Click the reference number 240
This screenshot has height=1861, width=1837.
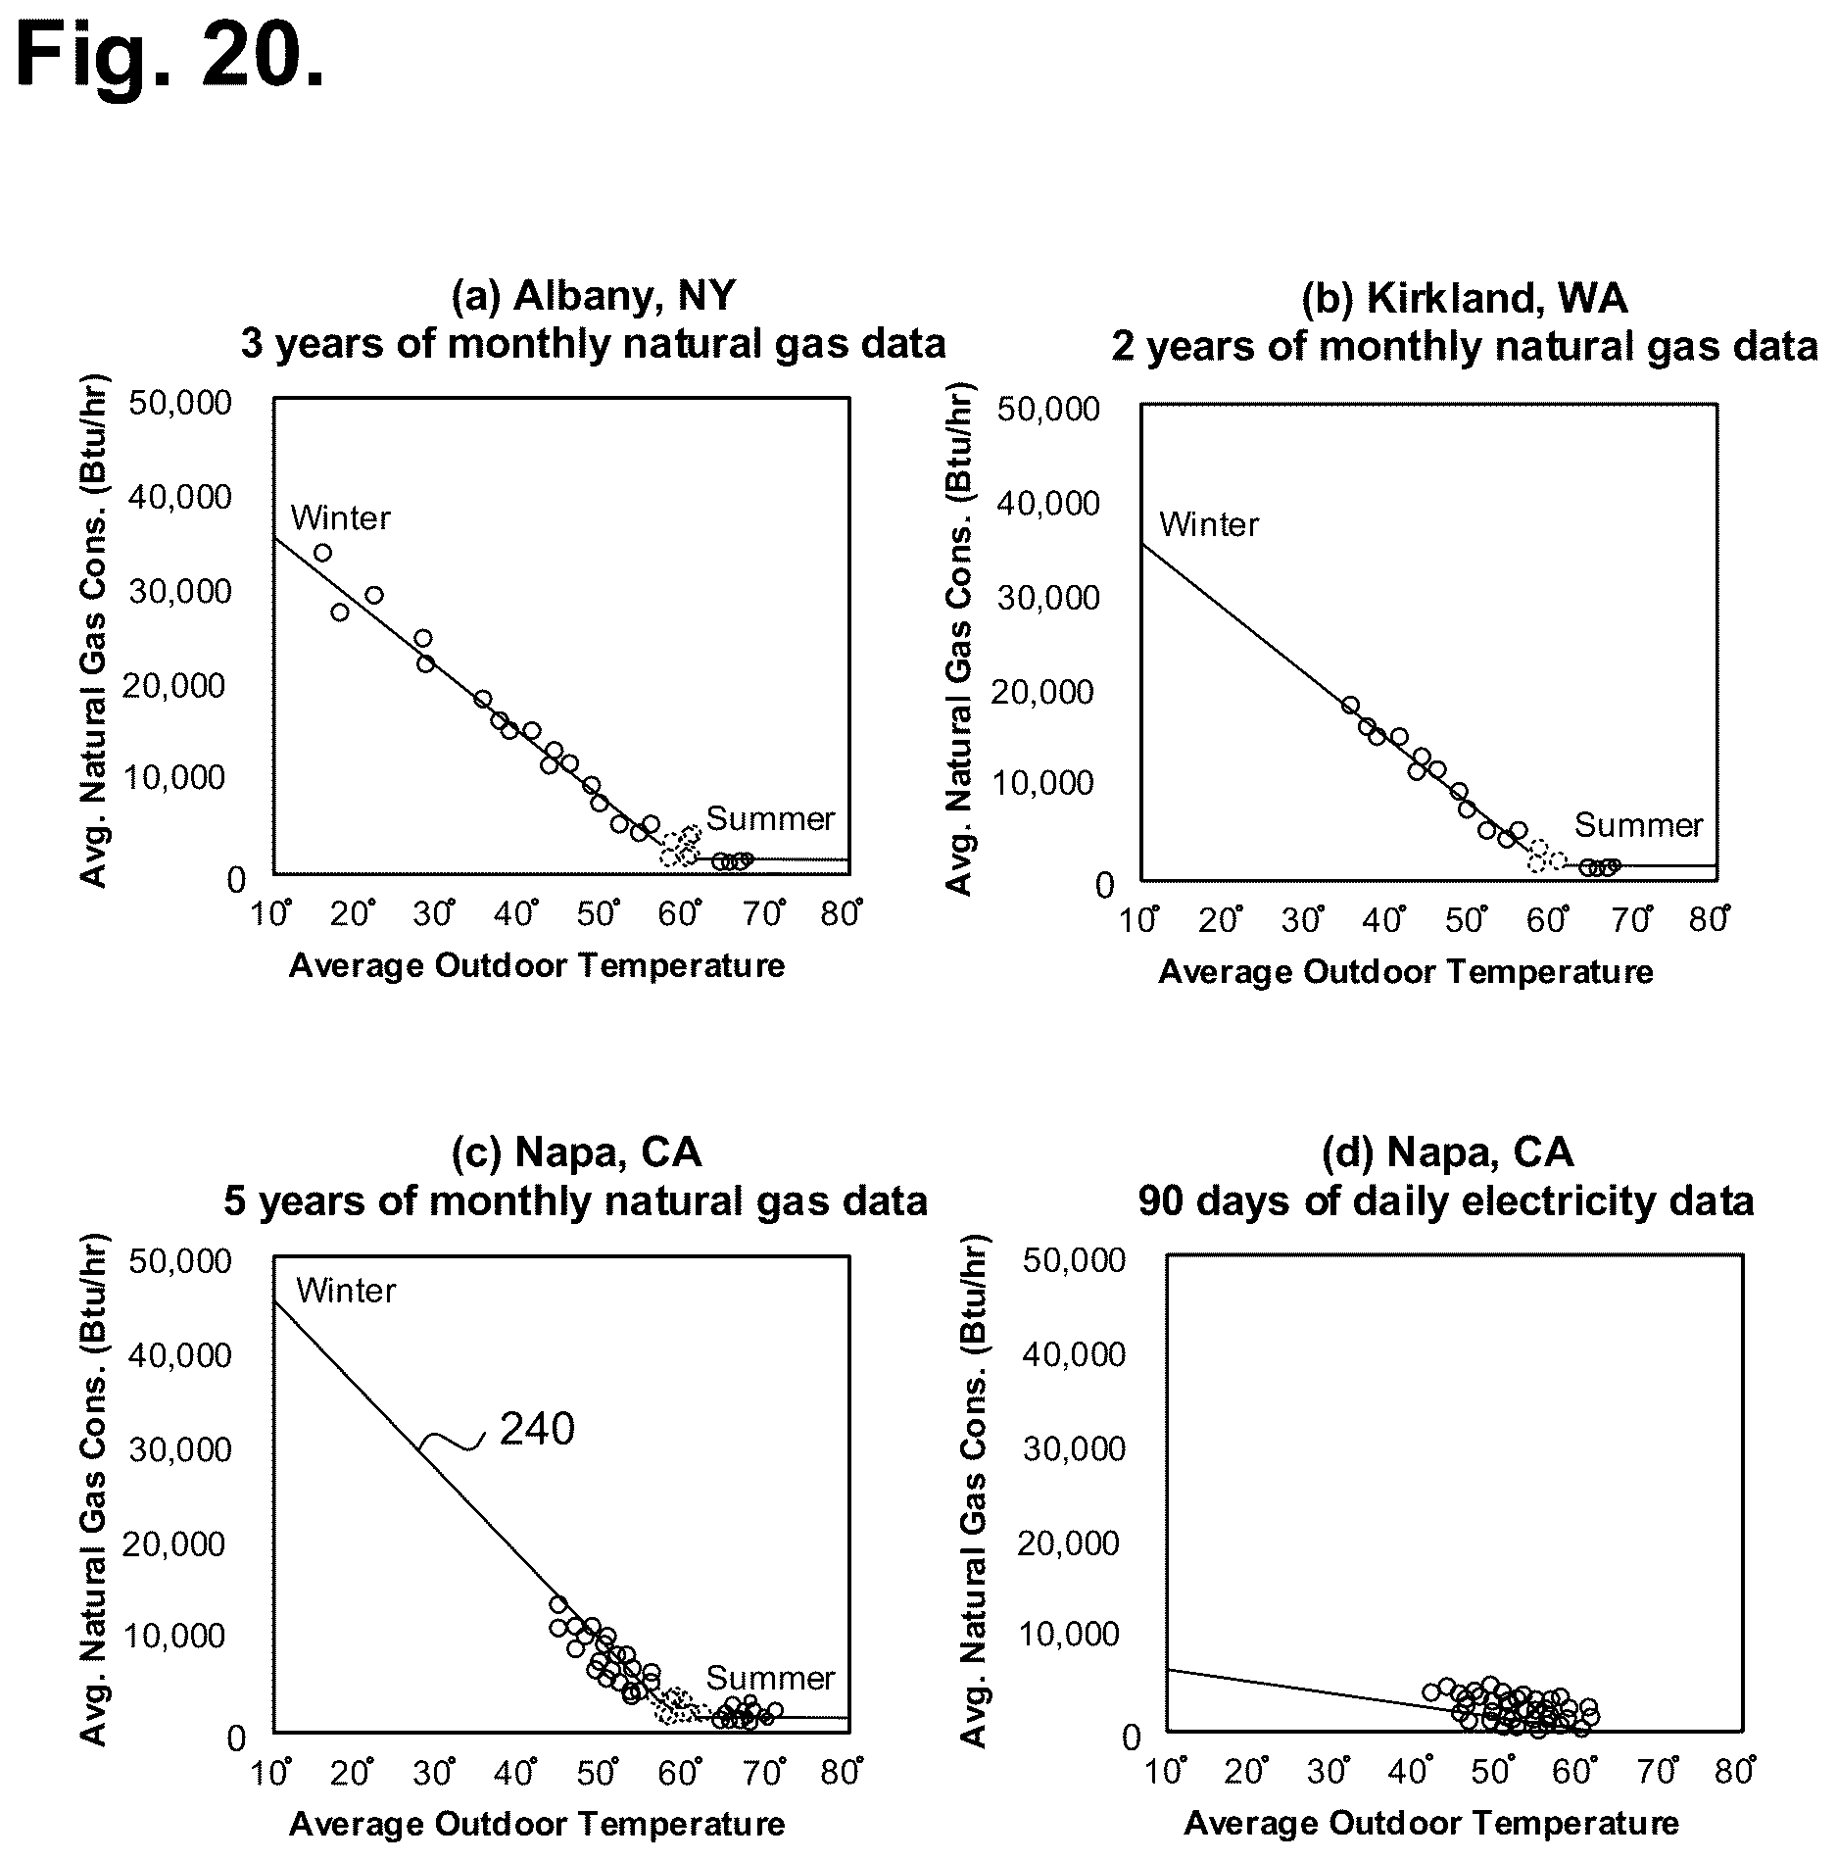537,1430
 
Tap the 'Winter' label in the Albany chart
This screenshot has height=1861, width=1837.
340,517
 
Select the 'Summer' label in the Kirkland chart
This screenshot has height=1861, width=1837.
1638,825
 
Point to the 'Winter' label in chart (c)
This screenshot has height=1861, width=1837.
346,1291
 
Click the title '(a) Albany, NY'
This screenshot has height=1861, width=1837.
593,295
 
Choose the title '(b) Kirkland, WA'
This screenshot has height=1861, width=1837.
1465,298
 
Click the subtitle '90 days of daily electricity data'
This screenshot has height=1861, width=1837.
1446,1200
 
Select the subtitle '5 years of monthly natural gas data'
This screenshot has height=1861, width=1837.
575,1200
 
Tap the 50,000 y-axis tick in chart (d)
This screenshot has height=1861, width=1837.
1074,1259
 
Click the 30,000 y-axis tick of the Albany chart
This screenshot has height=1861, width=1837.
179,591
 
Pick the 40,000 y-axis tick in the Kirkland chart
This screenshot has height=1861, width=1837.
1048,503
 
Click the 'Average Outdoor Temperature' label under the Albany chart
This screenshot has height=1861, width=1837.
537,965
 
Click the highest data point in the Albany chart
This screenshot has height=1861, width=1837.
322,553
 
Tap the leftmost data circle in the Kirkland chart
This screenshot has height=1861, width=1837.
1350,706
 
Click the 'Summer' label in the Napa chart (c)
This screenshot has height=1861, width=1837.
770,1679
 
